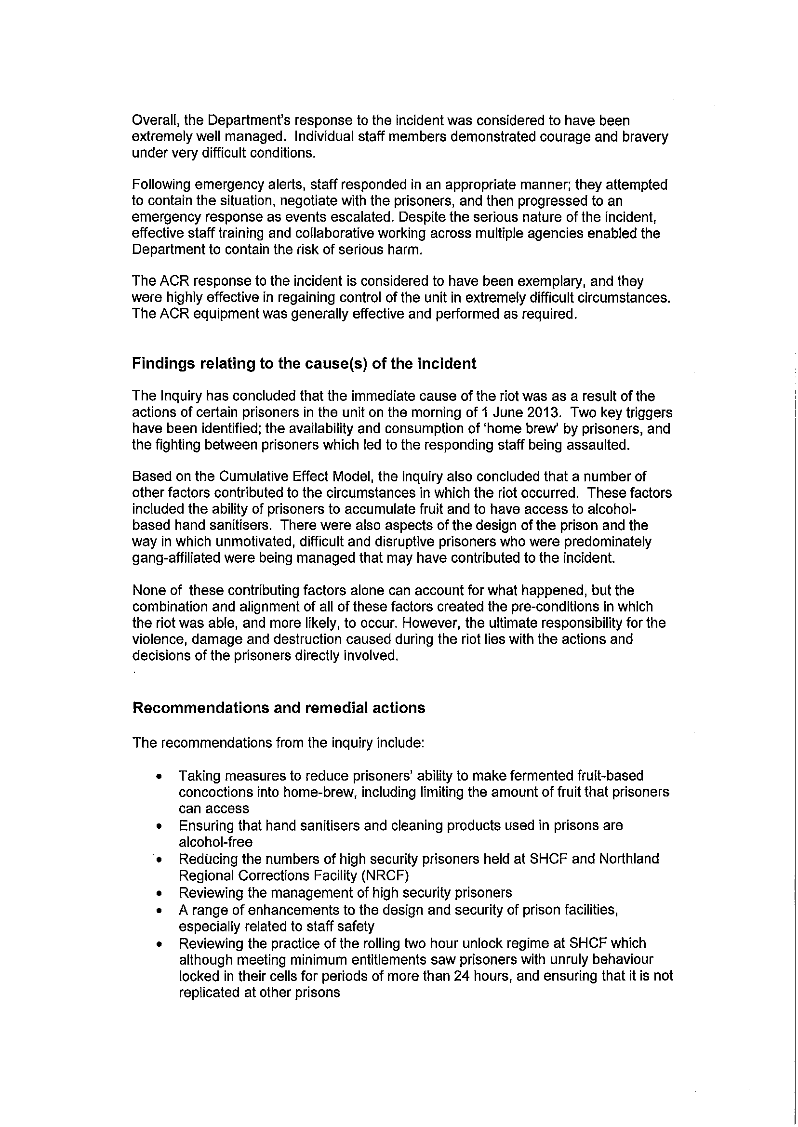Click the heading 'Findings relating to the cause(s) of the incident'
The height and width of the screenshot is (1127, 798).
tap(304, 364)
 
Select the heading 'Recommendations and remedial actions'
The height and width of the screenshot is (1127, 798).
tap(279, 708)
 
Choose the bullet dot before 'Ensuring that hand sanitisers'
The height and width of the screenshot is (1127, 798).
tap(158, 827)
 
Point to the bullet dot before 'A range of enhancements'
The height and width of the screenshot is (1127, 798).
tap(158, 910)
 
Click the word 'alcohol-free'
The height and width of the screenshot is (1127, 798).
tap(215, 842)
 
